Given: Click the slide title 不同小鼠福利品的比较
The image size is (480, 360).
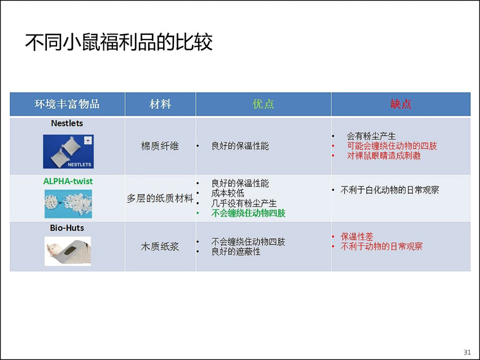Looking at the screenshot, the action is tap(119, 42).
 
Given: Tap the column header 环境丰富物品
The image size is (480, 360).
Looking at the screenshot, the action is tap(67, 104).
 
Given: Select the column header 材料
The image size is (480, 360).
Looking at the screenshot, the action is tap(160, 104).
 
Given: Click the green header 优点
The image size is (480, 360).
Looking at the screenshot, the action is tap(263, 104).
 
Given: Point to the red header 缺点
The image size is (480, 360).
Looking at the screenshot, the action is tap(401, 104).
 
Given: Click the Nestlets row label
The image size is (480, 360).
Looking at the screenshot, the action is tap(67, 123).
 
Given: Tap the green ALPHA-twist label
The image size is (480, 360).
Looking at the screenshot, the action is tap(68, 181).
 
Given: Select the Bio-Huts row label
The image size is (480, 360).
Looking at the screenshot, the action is tap(67, 228).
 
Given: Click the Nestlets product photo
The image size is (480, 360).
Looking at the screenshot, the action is tap(68, 151).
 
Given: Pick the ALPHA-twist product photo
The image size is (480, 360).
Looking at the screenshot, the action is tap(68, 204).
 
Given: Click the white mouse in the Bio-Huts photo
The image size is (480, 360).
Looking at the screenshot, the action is tap(54, 248).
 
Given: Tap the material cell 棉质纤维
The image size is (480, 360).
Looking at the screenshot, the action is tap(160, 146).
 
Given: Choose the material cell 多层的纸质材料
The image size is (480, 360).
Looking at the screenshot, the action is tap(160, 198).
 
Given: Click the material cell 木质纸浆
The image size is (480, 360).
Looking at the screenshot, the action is tap(160, 247).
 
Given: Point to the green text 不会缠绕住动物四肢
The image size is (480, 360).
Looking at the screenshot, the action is tap(248, 213).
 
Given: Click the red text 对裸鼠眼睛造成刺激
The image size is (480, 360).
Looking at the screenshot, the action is tap(383, 156).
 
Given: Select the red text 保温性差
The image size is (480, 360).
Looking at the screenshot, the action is tap(357, 236).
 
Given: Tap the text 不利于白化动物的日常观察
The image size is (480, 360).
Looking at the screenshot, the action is tap(390, 190).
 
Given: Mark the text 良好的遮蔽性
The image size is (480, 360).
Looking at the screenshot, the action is tap(236, 252).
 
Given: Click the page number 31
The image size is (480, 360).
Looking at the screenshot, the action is tap(468, 352).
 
